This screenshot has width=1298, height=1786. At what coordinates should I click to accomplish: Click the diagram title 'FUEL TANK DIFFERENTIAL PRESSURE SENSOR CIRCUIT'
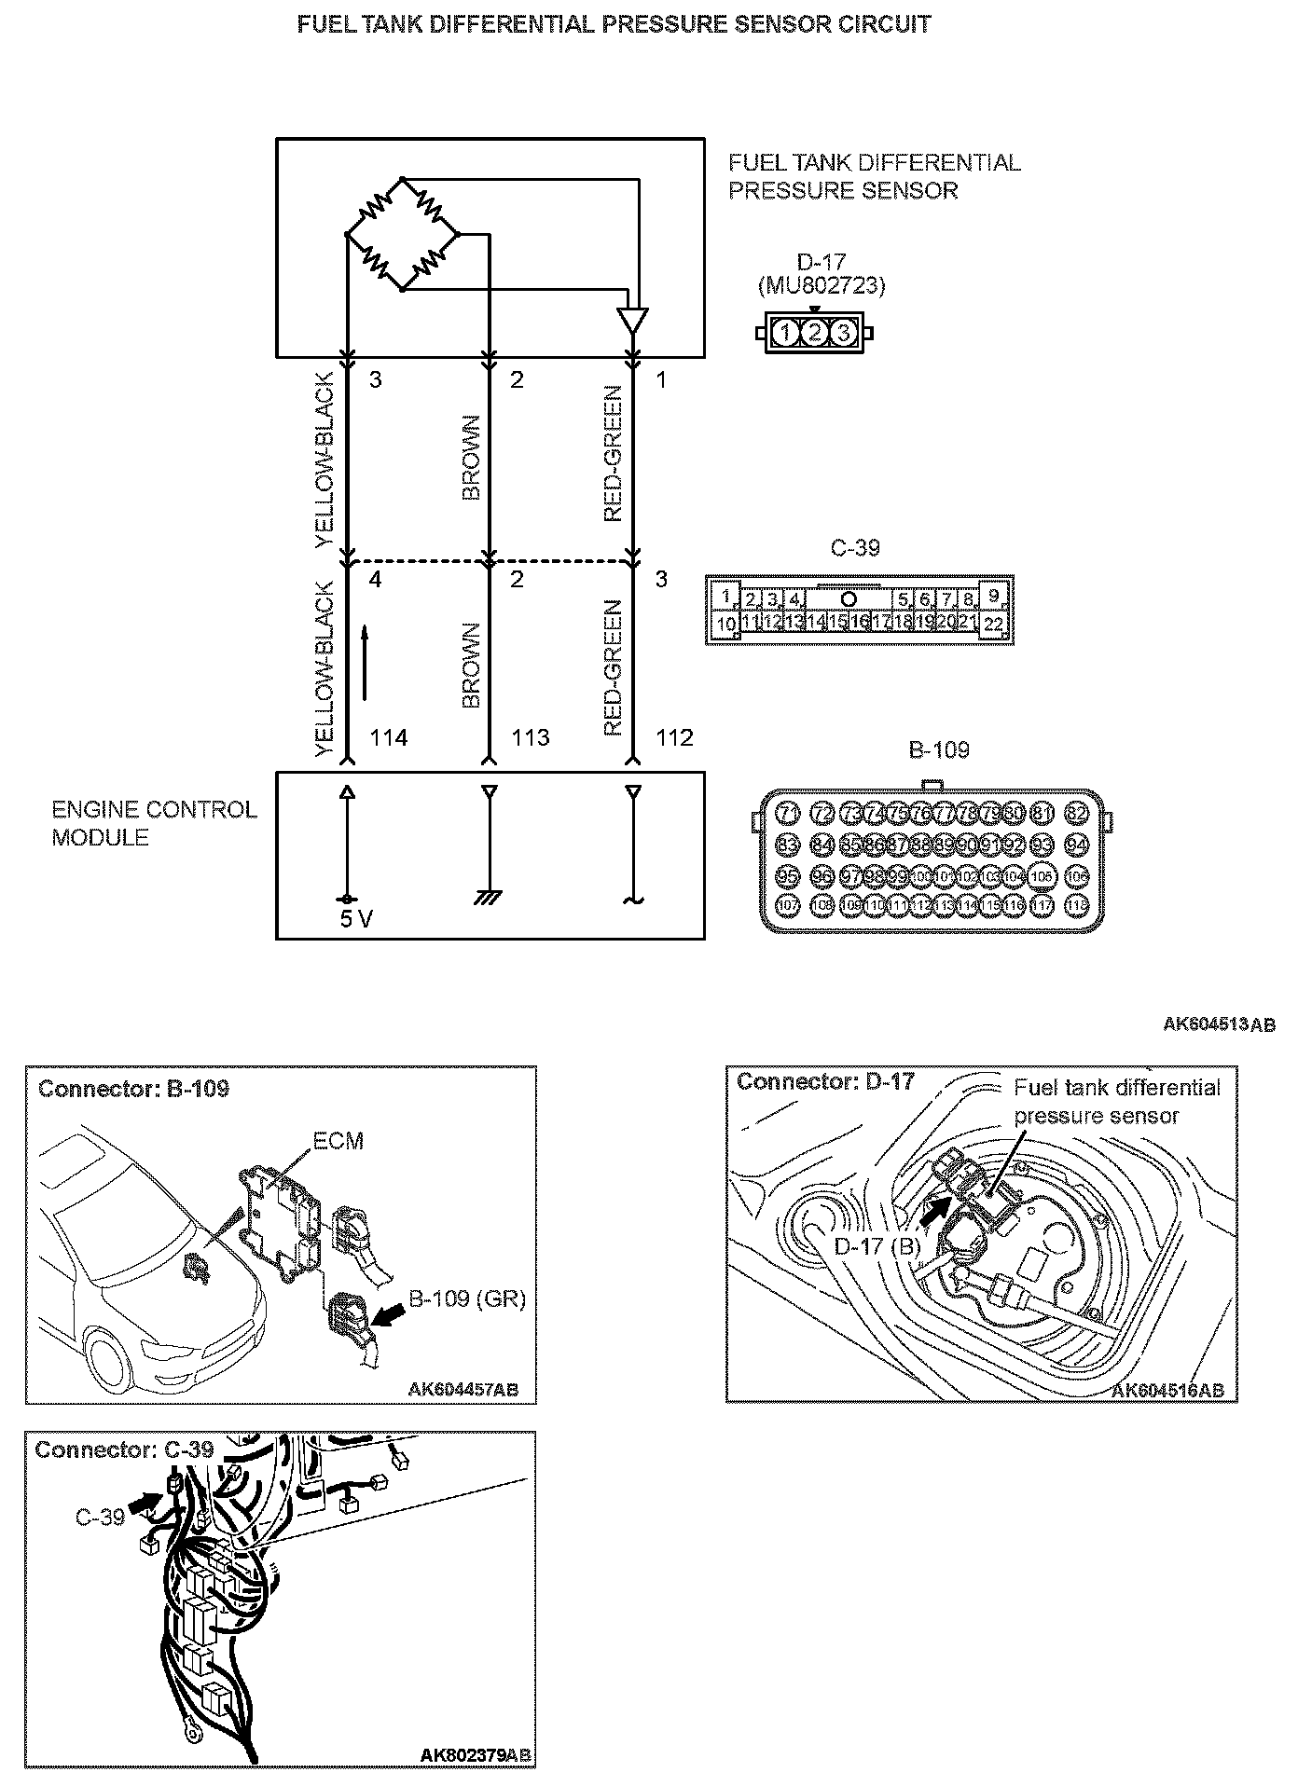[614, 25]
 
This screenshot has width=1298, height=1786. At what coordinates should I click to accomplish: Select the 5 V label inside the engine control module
[355, 919]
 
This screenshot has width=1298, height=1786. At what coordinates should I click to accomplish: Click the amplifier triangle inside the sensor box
[632, 320]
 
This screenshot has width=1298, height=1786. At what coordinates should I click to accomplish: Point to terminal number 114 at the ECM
[388, 738]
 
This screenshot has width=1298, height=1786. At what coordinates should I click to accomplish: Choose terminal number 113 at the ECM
[531, 738]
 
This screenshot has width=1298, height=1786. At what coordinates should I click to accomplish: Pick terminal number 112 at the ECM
[674, 738]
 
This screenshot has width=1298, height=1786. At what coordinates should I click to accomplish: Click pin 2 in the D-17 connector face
[815, 332]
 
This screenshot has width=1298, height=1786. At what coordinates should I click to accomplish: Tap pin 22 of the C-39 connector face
[994, 625]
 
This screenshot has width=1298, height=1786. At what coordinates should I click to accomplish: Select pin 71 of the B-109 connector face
[788, 813]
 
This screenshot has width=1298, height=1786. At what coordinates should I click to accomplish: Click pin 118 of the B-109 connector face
[1077, 905]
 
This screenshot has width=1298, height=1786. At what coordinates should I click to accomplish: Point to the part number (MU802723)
[822, 285]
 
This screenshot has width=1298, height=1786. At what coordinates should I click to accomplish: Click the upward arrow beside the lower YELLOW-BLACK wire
[366, 662]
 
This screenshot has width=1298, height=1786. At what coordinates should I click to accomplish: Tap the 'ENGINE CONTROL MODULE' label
[154, 823]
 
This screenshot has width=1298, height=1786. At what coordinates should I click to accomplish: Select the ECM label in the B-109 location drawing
[338, 1141]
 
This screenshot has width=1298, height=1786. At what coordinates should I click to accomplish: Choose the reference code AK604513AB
[1219, 1024]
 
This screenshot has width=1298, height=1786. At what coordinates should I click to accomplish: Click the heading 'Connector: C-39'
[124, 1449]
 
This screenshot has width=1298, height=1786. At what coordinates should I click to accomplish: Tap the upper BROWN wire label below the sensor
[471, 458]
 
